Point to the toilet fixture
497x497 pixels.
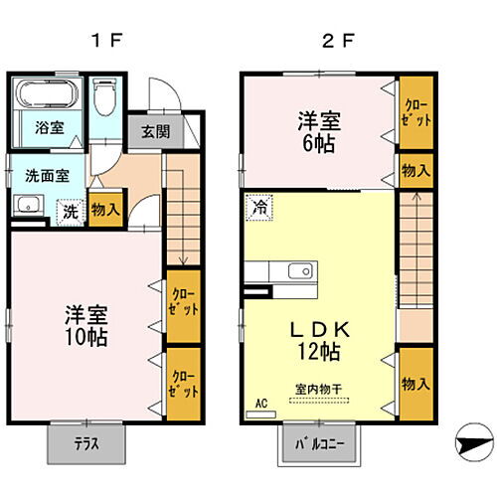click(105, 98)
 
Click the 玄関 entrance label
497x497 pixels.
click(154, 131)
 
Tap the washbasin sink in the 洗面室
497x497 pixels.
click(28, 208)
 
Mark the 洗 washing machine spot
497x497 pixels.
click(71, 211)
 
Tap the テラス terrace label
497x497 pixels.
click(86, 445)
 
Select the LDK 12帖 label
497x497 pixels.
click(316, 339)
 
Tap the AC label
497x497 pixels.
click(262, 405)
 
